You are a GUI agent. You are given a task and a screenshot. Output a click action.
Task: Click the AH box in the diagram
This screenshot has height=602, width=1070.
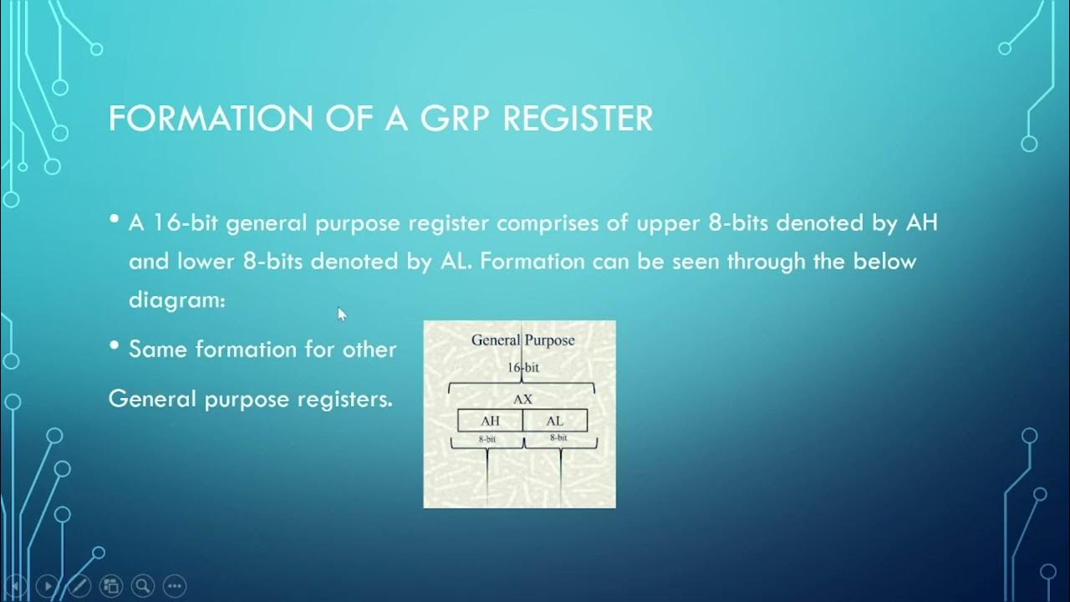coord(490,421)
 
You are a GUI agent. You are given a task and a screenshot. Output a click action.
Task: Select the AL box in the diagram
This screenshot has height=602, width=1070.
coord(555,421)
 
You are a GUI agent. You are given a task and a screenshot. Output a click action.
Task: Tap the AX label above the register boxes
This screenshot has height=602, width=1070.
coord(522,400)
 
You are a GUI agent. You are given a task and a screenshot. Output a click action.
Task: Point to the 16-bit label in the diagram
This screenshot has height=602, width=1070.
coord(522,366)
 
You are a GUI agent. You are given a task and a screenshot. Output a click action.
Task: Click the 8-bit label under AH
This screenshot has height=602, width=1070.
coord(487,438)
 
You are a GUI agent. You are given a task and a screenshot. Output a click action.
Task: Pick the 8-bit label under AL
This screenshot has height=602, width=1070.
coord(558,437)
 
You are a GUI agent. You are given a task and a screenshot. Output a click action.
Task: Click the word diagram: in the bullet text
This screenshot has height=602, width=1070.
coord(177,299)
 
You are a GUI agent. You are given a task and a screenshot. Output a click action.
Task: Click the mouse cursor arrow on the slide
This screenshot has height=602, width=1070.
coord(341,314)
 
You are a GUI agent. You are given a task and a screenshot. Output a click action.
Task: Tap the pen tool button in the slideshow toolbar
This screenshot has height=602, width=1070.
coord(79,586)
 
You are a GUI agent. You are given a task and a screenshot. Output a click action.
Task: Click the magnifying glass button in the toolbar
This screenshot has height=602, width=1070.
coord(143,586)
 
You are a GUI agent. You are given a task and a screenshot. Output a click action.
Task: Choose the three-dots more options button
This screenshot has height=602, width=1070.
coord(175,586)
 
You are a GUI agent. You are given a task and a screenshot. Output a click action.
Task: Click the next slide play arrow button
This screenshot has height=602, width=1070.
coord(48,586)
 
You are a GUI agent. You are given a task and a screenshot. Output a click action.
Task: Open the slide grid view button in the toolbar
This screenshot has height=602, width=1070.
coord(111,586)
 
